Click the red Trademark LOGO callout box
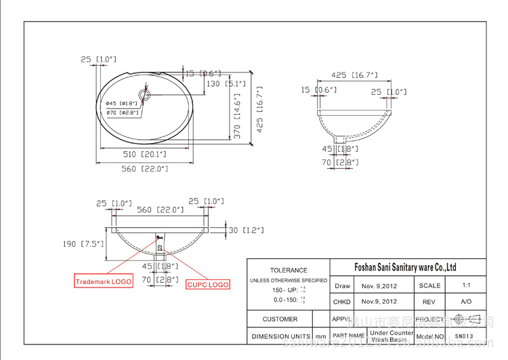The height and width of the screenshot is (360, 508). pyautogui.click(x=103, y=281)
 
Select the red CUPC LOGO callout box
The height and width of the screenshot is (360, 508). pyautogui.click(x=207, y=285)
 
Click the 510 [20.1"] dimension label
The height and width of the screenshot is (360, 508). pyautogui.click(x=144, y=155)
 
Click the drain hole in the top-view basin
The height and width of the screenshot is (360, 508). pyautogui.click(x=144, y=91)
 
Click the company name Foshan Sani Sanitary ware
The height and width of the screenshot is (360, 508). pyautogui.click(x=405, y=267)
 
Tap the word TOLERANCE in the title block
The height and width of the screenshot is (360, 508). pyautogui.click(x=289, y=271)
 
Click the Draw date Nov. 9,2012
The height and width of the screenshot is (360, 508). pyautogui.click(x=379, y=286)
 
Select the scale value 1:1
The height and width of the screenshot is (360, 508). pyautogui.click(x=467, y=286)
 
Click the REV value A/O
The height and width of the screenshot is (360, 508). pyautogui.click(x=467, y=302)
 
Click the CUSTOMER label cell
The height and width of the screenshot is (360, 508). pyautogui.click(x=280, y=319)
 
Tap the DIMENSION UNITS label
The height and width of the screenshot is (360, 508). pyautogui.click(x=281, y=336)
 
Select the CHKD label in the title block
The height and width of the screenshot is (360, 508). pyautogui.click(x=341, y=302)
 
